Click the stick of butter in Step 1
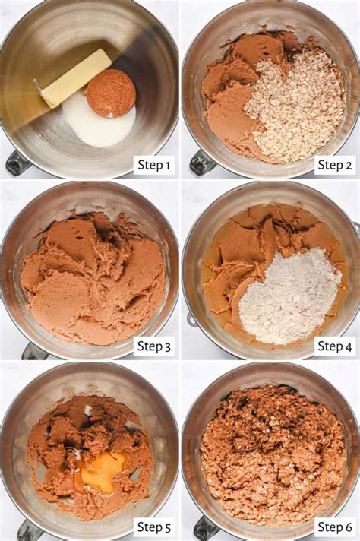coord(75,78)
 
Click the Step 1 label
coord(153,165)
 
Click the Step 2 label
coord(334,165)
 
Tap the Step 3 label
coord(153,346)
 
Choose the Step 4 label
coord(334,346)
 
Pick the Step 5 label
coord(153,527)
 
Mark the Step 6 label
coord(334,527)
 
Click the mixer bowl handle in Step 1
coord(17,163)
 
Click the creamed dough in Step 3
coord(91,277)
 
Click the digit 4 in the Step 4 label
coord(348,346)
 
